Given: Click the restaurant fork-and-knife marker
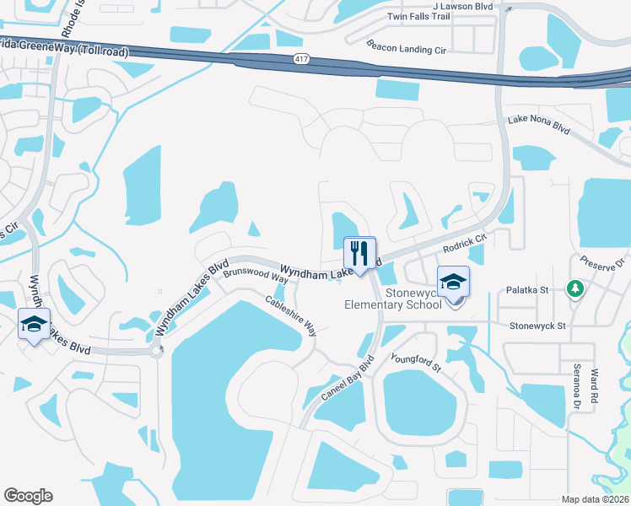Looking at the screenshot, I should [x=359, y=252].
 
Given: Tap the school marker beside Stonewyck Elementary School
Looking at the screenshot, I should [x=453, y=283].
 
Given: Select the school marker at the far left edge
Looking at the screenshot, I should [x=33, y=325].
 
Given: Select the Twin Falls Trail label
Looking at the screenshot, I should [x=419, y=17].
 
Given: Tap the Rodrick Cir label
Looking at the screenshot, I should [x=466, y=244].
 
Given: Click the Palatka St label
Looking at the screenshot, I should [x=527, y=290].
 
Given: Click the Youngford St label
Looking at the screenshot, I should [x=415, y=364].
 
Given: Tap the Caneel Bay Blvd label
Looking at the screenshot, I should [x=347, y=382].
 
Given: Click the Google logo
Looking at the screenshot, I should [x=28, y=496].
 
